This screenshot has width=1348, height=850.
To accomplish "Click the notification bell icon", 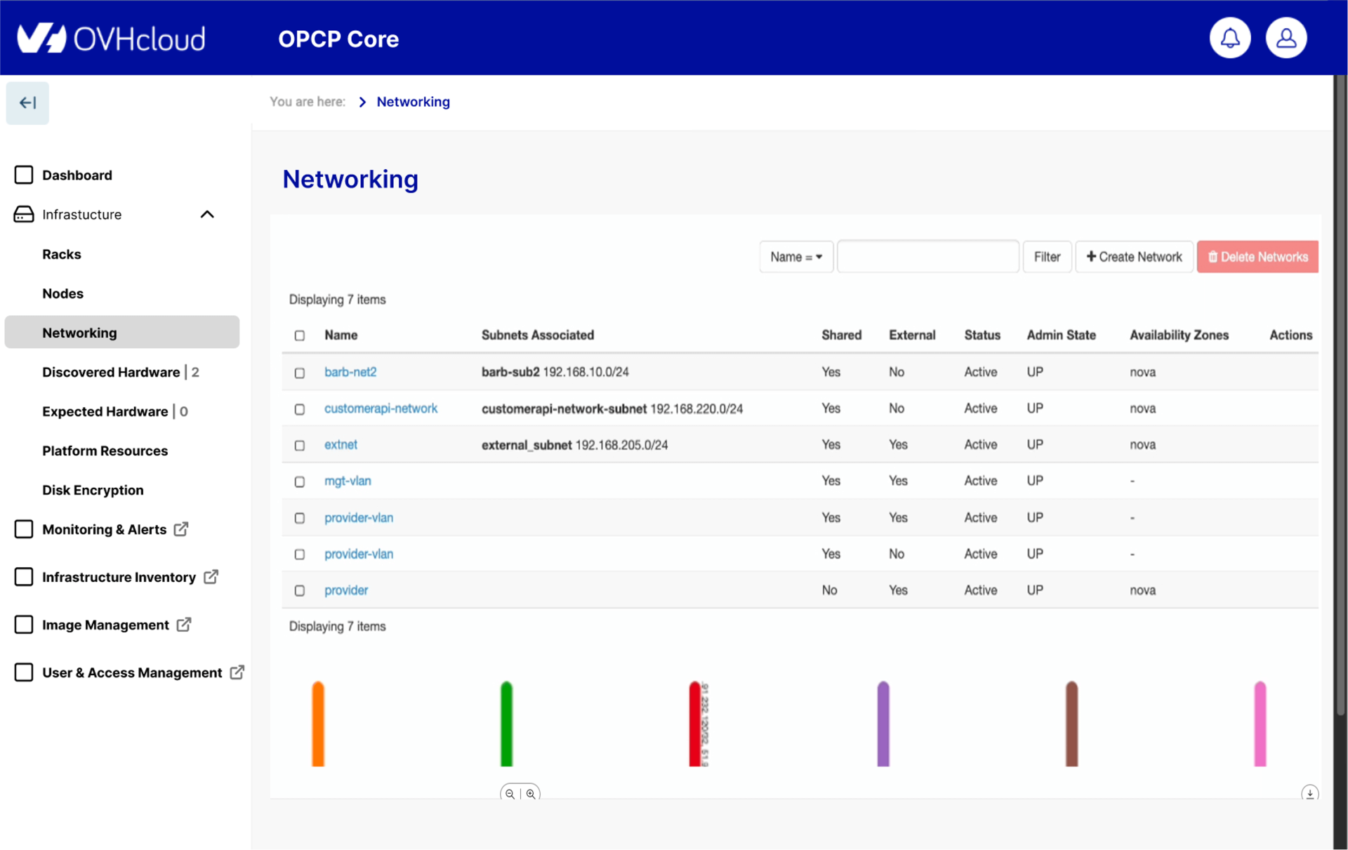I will point(1229,38).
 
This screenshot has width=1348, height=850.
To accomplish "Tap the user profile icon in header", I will point(1286,38).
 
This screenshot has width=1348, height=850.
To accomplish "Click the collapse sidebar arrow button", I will point(27,103).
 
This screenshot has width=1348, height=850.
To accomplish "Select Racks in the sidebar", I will point(62,254).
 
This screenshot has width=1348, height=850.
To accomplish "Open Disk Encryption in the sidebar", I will point(93,490).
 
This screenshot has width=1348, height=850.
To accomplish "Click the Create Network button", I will point(1134,257).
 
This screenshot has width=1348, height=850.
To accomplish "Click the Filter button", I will point(1047,257).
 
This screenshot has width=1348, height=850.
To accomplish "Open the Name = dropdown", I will point(795,257).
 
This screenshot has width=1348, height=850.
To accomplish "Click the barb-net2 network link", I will point(350,372).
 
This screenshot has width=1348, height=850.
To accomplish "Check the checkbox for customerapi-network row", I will point(300,409).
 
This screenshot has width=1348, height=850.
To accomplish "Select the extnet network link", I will point(341,444).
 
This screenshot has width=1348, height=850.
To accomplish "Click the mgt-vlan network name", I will point(348,481).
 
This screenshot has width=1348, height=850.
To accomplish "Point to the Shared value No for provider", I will point(829,590).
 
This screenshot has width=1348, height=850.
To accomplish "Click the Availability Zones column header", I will point(1179,335).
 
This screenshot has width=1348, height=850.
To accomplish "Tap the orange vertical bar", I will point(318,723).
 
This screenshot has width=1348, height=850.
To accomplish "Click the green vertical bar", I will point(506,723).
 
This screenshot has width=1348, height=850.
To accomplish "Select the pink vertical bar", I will point(1260,723).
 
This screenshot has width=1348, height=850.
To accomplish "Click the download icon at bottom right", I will point(1309,793).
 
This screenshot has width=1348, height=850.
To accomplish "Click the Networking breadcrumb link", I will point(413,102).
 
